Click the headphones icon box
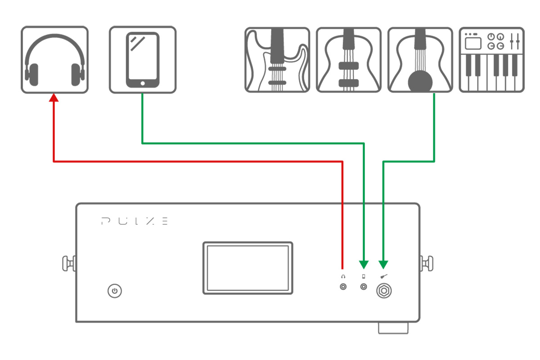pyautogui.click(x=54, y=60)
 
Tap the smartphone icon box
pyautogui.click(x=143, y=60)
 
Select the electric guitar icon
pyautogui.click(x=277, y=60)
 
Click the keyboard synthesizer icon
pyautogui.click(x=491, y=60)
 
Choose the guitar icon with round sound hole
pyautogui.click(x=420, y=60)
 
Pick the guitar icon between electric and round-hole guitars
pyautogui.click(x=348, y=60)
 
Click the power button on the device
pyautogui.click(x=115, y=291)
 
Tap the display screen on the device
pyautogui.click(x=247, y=268)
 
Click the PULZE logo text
pyautogui.click(x=135, y=221)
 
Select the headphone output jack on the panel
pyautogui.click(x=343, y=287)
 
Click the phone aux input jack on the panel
pyautogui.click(x=364, y=287)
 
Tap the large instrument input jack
pyautogui.click(x=383, y=291)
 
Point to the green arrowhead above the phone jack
pyautogui.click(x=364, y=264)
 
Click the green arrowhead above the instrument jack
pyautogui.click(x=383, y=264)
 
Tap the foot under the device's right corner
pyautogui.click(x=393, y=328)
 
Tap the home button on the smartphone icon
pyautogui.click(x=143, y=83)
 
